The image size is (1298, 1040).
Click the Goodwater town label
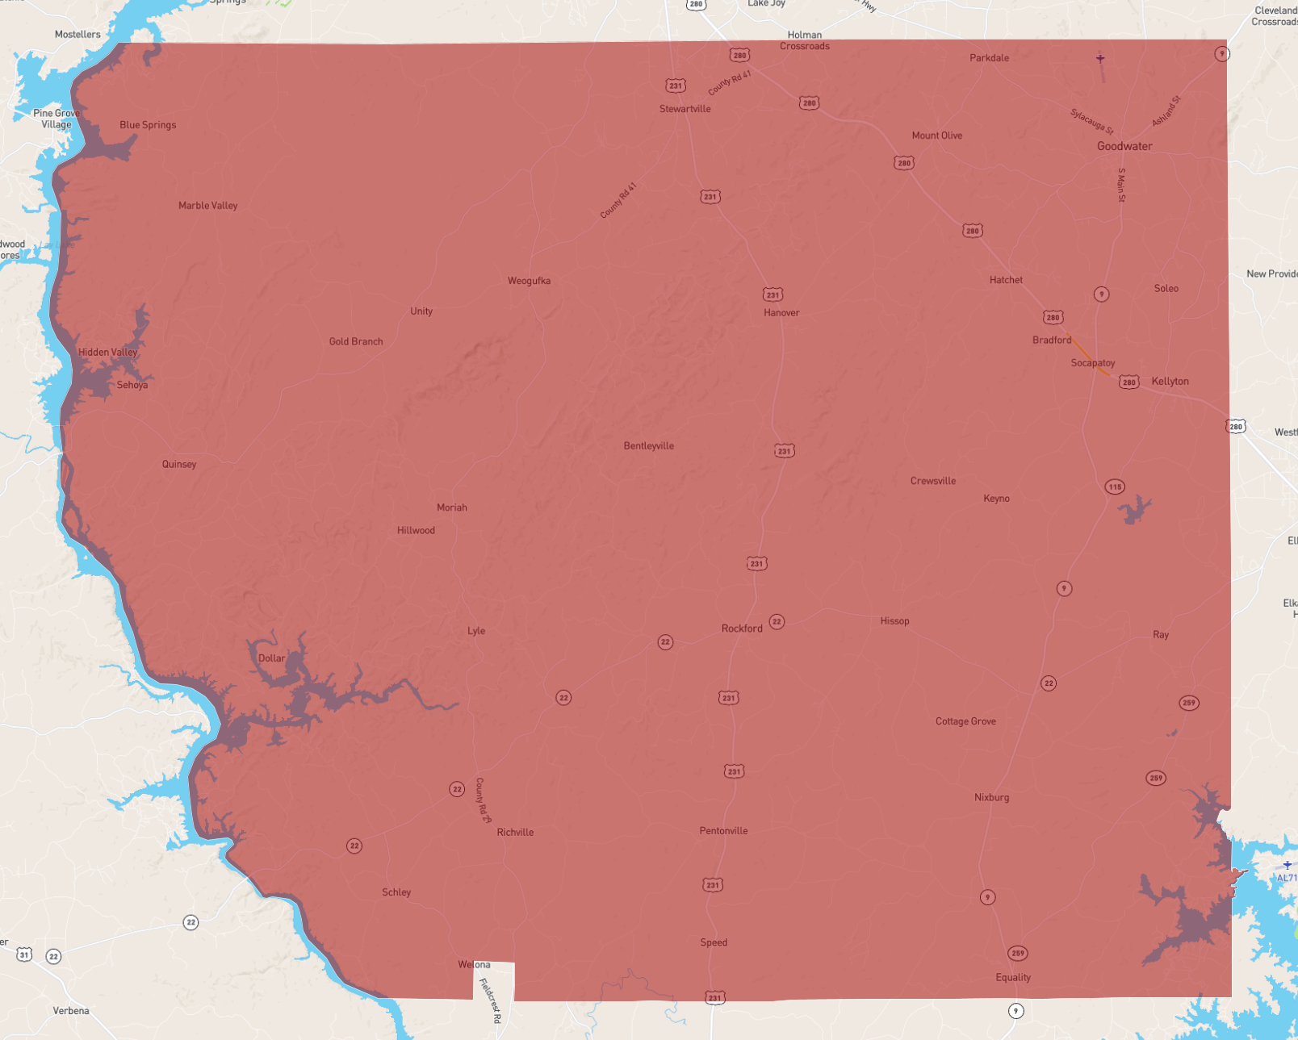point(1124,146)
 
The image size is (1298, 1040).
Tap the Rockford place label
point(741,629)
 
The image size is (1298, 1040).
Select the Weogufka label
point(529,281)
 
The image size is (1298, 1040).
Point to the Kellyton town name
point(1170,382)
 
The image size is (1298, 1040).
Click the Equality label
point(1013,977)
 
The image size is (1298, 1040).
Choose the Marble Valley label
point(207,206)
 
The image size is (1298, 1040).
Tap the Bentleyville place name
point(648,446)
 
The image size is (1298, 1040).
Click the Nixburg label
point(991,797)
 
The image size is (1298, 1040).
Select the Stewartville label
point(685,109)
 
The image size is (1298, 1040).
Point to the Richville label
point(515,832)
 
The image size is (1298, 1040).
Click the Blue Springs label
point(148,125)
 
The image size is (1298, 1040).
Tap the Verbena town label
point(71,1010)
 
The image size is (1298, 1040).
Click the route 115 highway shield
point(1114,487)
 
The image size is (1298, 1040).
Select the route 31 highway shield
point(24,954)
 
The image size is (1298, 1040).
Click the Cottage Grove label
point(965,721)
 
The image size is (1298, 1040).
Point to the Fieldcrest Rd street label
point(490,1000)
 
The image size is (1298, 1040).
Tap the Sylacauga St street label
point(1091,121)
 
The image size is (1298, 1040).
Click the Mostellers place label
point(77,35)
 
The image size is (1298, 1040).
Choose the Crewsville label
point(932,481)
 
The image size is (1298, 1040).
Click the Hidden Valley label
point(107,353)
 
